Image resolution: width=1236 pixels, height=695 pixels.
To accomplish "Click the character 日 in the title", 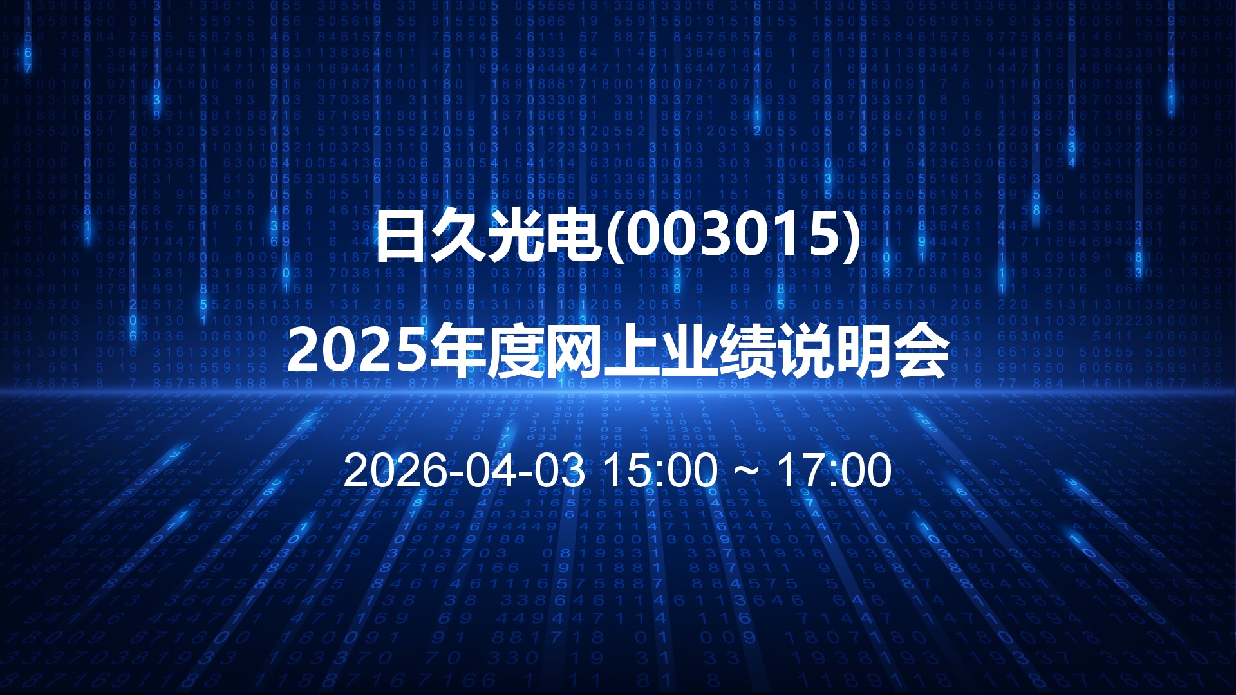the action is coord(402,236).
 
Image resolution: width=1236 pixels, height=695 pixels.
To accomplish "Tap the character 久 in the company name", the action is coord(458,236).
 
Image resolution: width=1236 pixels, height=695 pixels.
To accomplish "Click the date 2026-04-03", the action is coord(464,470).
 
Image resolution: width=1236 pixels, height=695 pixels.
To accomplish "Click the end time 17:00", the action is coord(835,470).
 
